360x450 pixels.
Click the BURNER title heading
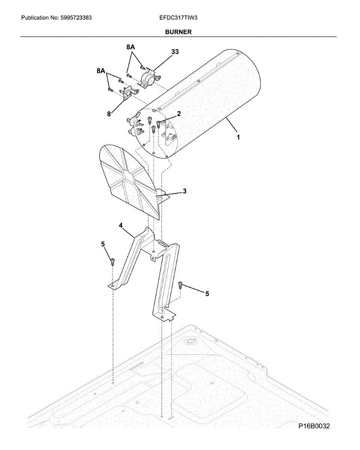(178, 32)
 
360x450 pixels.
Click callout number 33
(175, 52)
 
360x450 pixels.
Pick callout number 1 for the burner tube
(237, 138)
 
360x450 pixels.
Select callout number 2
(179, 114)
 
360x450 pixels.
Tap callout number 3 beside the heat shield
(184, 191)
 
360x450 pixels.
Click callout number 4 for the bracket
(121, 225)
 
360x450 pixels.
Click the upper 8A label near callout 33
(130, 47)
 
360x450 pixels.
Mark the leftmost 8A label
(101, 70)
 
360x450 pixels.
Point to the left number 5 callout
(103, 244)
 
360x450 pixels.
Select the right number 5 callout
(207, 294)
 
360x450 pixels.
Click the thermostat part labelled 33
(147, 78)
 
